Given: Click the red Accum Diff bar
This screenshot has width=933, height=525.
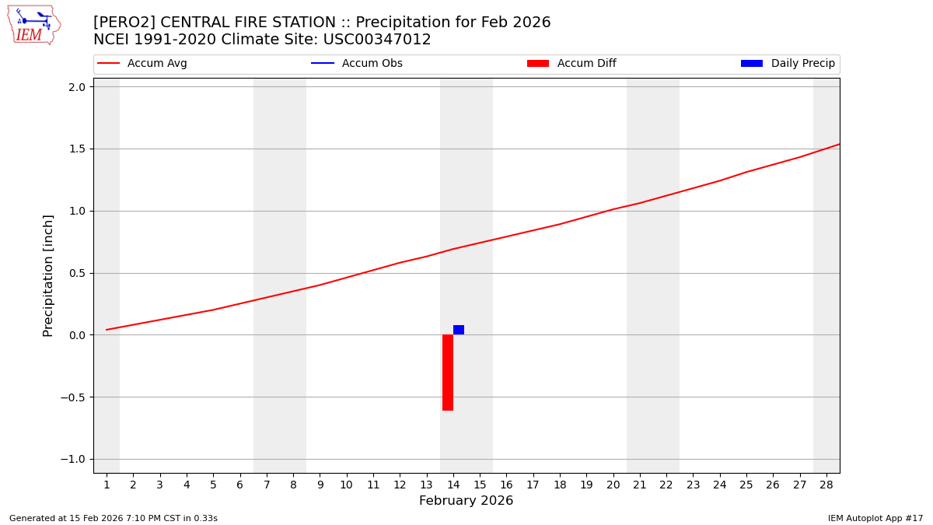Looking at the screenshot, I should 448,373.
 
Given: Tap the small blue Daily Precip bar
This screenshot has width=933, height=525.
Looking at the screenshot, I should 459,330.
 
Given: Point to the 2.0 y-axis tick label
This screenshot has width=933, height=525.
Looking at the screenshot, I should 76,87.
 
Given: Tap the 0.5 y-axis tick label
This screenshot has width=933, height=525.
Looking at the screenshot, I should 76,273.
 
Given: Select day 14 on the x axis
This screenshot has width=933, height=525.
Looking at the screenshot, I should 453,485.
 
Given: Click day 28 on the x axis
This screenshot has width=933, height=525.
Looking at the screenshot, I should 826,485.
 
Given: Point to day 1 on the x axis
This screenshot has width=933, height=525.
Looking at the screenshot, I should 107,485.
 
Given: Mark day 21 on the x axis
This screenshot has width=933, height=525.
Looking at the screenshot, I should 640,485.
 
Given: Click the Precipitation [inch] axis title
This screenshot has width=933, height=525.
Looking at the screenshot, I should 48,275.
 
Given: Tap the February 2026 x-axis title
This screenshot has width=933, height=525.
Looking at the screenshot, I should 466,501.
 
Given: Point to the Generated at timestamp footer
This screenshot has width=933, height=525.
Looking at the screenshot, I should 114,518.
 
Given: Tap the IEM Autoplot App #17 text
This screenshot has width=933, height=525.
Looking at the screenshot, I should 875,518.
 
